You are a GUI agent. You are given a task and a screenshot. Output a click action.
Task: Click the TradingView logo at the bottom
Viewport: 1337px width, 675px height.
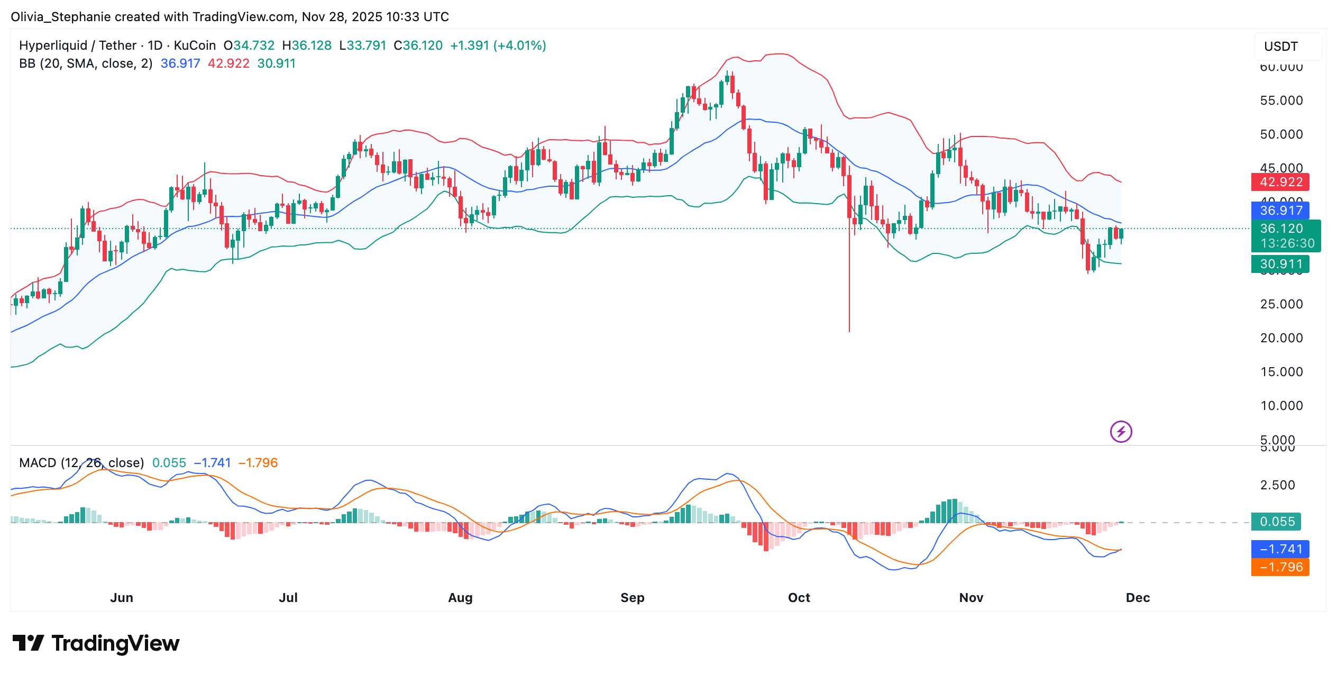pyautogui.click(x=96, y=643)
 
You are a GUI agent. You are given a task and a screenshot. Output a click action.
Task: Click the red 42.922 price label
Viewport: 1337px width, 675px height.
pyautogui.click(x=1280, y=182)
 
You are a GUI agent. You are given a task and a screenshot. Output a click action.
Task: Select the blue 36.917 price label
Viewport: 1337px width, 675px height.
pyautogui.click(x=1280, y=211)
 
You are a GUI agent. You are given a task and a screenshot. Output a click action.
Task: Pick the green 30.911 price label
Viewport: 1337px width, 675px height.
pyautogui.click(x=1280, y=264)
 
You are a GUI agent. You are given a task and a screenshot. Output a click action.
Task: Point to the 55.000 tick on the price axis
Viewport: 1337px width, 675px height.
pyautogui.click(x=1281, y=101)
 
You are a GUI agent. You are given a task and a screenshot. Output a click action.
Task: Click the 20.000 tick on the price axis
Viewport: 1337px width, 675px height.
pyautogui.click(x=1281, y=338)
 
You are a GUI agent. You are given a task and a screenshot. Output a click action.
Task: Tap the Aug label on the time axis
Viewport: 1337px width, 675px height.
pyautogui.click(x=460, y=598)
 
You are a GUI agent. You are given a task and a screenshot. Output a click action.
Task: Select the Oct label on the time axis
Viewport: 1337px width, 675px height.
pyautogui.click(x=799, y=598)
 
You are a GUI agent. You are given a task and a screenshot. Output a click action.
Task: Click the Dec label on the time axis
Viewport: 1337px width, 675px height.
pyautogui.click(x=1138, y=598)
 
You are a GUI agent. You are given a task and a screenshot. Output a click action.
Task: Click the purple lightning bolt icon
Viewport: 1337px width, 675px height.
pyautogui.click(x=1121, y=432)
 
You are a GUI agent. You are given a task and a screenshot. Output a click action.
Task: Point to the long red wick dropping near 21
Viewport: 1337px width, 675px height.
pyautogui.click(x=849, y=296)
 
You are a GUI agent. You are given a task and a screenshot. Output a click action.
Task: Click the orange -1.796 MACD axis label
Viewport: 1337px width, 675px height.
pyautogui.click(x=1280, y=567)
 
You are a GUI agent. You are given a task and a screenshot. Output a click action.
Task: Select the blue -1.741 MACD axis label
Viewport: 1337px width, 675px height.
pyautogui.click(x=1280, y=549)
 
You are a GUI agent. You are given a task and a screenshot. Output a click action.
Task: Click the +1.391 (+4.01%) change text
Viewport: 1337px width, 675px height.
pyautogui.click(x=498, y=45)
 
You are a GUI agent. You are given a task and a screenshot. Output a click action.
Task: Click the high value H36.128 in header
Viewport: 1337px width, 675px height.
pyautogui.click(x=307, y=45)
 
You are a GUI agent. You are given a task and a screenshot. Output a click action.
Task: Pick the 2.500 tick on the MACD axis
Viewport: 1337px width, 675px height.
pyautogui.click(x=1277, y=485)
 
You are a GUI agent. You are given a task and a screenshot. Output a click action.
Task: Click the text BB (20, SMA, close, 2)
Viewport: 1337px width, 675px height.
pyautogui.click(x=86, y=63)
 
